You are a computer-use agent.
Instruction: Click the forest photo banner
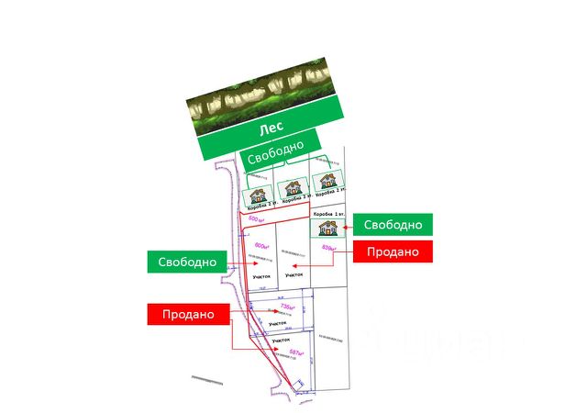(261, 92)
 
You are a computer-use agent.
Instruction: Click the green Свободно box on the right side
(393, 225)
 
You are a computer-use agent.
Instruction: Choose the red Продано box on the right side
(393, 251)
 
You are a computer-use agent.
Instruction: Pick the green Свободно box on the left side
(186, 262)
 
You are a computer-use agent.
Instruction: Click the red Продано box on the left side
(188, 313)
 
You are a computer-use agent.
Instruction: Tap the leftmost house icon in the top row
(260, 195)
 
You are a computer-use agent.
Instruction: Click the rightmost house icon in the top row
(325, 182)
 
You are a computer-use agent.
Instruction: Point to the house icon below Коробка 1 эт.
(327, 229)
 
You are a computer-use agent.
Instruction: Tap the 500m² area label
(257, 220)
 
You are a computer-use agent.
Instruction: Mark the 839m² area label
(330, 248)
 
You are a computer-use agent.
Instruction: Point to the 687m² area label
(296, 352)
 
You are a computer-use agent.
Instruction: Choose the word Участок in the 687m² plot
(282, 340)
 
